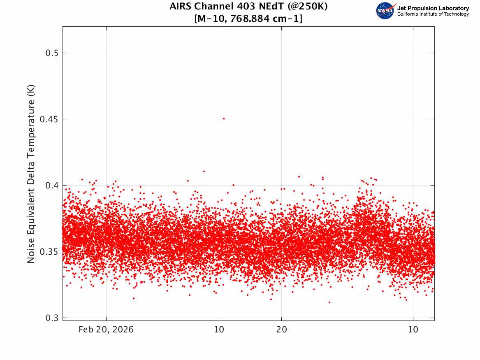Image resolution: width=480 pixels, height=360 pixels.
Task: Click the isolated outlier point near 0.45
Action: click(x=224, y=118)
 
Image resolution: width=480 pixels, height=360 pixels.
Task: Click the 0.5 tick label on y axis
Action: click(x=52, y=53)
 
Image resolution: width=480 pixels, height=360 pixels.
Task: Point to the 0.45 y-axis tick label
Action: click(x=49, y=119)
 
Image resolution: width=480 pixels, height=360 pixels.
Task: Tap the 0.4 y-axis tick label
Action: click(x=52, y=186)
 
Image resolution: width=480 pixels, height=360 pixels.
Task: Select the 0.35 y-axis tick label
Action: click(x=49, y=252)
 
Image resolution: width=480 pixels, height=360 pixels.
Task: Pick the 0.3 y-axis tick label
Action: click(x=52, y=318)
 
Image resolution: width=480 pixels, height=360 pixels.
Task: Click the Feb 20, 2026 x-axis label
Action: click(x=106, y=330)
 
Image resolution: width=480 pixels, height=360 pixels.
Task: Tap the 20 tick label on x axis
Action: click(x=282, y=330)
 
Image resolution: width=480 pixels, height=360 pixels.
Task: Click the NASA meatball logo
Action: click(x=385, y=11)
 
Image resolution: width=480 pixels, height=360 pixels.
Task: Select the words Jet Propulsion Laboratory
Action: click(x=433, y=8)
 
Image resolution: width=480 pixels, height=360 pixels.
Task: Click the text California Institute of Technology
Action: click(x=433, y=14)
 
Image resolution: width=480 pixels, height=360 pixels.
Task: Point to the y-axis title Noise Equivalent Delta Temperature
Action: click(x=31, y=174)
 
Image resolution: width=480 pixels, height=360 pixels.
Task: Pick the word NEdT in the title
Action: click(x=272, y=6)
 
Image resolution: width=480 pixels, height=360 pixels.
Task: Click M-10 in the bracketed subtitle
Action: click(x=211, y=19)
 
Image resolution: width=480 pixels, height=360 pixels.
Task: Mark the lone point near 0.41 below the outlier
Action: click(x=204, y=171)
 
